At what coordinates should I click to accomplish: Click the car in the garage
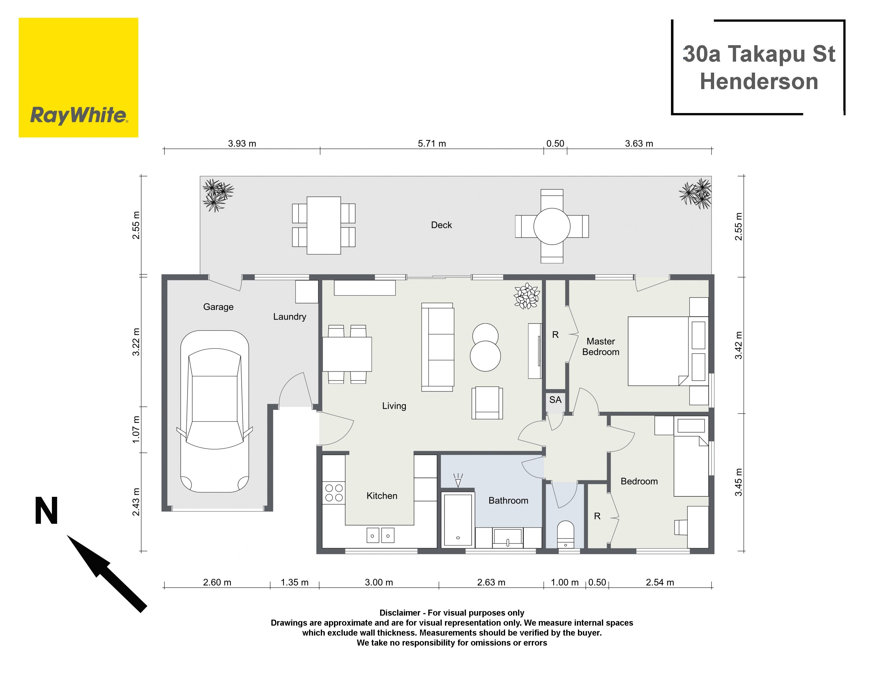pos(215,411)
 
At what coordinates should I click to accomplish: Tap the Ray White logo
pos(79,77)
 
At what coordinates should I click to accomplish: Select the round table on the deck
pos(552,226)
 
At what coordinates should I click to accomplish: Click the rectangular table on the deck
pos(324,225)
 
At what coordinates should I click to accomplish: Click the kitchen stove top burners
pos(334,493)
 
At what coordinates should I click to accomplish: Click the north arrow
pos(107,573)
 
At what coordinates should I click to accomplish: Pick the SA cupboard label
pos(555,400)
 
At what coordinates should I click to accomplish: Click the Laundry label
pos(290,317)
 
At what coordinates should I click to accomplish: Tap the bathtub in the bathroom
pos(457,520)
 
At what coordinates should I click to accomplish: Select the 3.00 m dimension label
pos(379,582)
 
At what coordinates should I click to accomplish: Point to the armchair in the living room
pos(487,403)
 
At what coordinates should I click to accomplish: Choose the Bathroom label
pos(508,501)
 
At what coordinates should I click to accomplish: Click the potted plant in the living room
pos(527,296)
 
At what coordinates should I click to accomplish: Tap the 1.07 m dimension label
pos(136,429)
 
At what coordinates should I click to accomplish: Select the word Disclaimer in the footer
pos(400,613)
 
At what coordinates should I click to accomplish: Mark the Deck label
pos(441,225)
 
